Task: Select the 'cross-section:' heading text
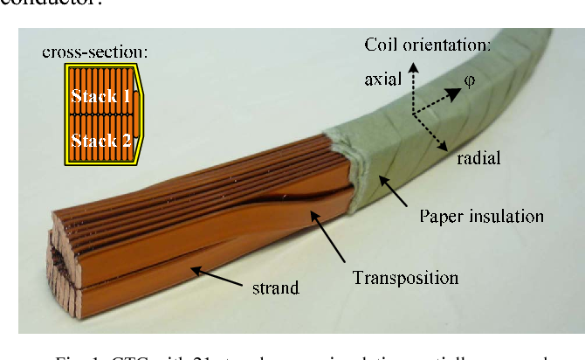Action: coord(94,52)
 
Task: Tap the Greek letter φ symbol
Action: coord(469,80)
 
